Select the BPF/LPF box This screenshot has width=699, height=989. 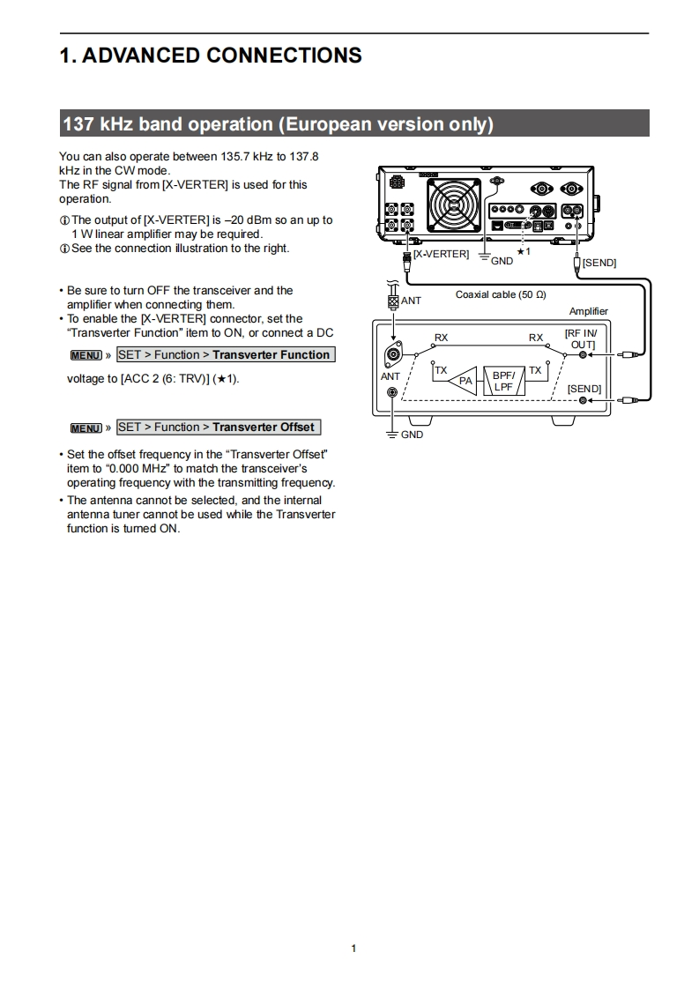point(503,381)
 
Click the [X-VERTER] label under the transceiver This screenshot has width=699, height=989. point(441,254)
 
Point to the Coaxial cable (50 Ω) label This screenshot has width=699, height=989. point(501,294)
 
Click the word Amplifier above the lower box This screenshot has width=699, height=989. point(588,311)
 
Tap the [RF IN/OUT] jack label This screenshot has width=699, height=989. point(581,338)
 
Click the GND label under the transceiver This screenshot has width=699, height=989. point(502,261)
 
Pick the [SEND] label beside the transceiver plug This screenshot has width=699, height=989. point(599,263)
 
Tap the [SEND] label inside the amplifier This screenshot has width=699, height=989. point(584,389)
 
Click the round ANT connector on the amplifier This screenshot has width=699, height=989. point(391,355)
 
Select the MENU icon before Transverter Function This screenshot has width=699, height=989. point(86,355)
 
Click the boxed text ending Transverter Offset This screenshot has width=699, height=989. point(218,428)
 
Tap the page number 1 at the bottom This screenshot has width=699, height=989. point(353,948)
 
